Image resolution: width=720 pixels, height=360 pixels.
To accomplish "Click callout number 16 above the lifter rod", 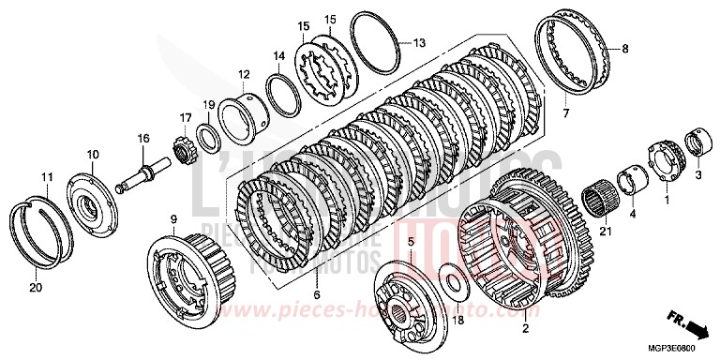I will point(143,138).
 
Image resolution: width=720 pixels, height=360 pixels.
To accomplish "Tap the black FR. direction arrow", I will point(696,328).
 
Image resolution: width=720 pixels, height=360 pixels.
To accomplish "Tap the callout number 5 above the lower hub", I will point(410,241).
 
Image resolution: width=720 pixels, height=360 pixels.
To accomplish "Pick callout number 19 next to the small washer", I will point(210,104).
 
